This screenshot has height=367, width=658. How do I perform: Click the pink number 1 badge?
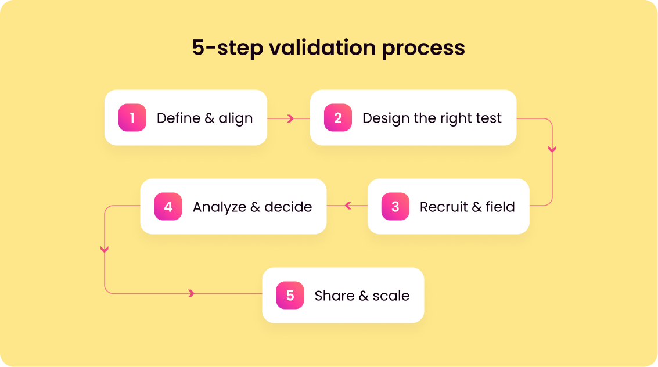pos(132,118)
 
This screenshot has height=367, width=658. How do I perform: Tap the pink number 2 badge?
pos(338,118)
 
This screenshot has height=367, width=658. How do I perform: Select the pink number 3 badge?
pos(395,207)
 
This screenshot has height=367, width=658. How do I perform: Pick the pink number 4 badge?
pos(168,207)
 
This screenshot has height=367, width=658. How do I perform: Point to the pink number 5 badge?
pos(290,296)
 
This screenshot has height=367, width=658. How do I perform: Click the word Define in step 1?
pos(177,118)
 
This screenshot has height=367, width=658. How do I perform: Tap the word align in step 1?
pos(236,118)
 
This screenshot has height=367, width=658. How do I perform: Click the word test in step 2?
pos(488,118)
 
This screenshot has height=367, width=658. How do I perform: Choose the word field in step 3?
pos(500,207)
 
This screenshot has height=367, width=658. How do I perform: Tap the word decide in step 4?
pos(289,207)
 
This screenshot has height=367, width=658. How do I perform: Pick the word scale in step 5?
pos(391,296)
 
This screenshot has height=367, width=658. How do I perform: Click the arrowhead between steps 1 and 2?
pos(290,118)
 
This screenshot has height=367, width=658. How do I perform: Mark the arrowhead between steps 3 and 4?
pos(348,206)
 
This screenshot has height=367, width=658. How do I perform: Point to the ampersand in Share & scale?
pos(364,296)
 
